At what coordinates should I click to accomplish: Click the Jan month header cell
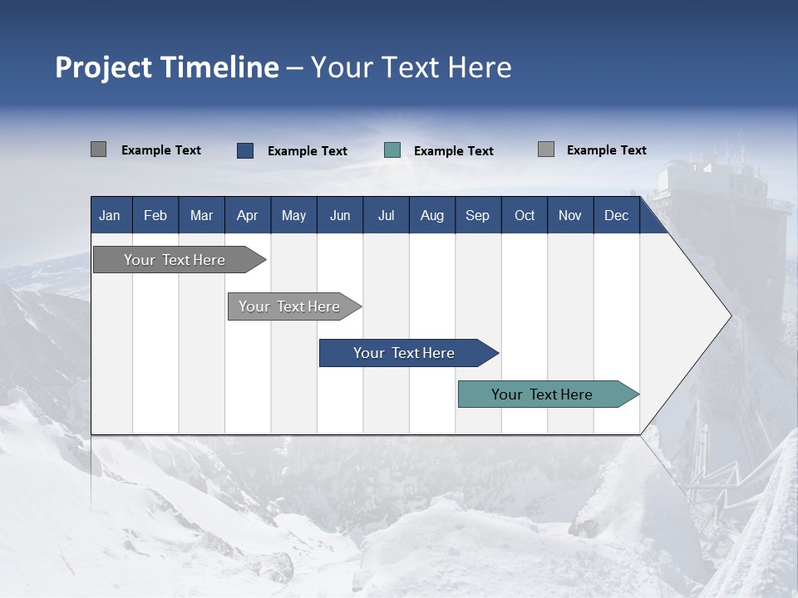[x=110, y=215]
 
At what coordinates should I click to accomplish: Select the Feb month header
[x=155, y=215]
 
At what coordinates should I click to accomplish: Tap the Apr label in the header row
[x=248, y=215]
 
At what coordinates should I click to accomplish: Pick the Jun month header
[x=340, y=215]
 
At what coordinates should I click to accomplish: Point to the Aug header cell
[x=432, y=215]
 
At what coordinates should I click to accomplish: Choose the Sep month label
[x=478, y=215]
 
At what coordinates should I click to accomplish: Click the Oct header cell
[x=525, y=215]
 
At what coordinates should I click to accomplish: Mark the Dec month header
[x=617, y=215]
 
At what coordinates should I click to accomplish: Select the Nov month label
[x=570, y=215]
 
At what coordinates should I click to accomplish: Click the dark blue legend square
[x=245, y=150]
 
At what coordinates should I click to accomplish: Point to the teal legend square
[x=392, y=150]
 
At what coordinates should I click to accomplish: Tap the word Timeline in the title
[x=219, y=67]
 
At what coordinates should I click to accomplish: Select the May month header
[x=293, y=215]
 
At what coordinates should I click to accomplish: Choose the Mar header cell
[x=201, y=215]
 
